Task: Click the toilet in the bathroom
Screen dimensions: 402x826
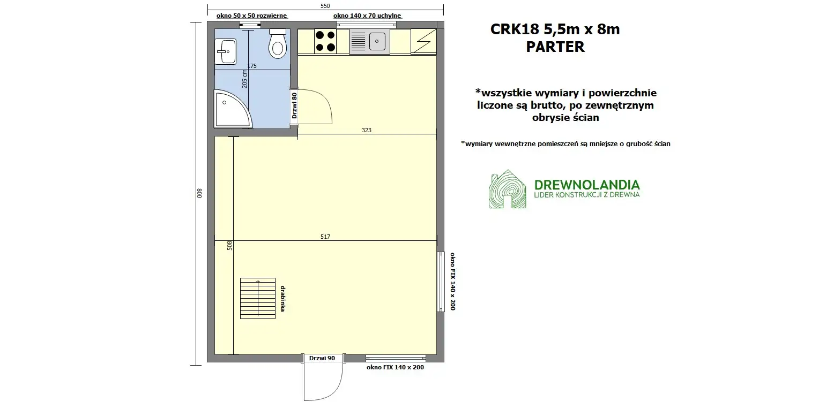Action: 278,44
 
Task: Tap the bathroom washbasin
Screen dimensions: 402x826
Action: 225,51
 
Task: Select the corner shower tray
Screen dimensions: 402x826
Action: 230,109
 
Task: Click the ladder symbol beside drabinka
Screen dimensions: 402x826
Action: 258,299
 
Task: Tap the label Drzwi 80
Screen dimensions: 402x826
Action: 294,105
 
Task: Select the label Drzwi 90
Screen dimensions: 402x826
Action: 322,358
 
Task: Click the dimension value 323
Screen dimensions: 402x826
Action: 367,130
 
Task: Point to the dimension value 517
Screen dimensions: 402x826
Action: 325,236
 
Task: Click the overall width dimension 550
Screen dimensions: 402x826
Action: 325,6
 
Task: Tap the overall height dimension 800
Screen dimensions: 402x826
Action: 198,193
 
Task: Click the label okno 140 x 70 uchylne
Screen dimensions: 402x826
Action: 367,16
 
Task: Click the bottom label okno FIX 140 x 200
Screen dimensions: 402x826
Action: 396,368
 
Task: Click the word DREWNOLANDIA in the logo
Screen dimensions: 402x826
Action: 587,185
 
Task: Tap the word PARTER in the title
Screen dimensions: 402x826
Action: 555,47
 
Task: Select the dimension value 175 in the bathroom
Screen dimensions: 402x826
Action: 252,66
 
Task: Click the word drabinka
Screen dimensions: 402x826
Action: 282,299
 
